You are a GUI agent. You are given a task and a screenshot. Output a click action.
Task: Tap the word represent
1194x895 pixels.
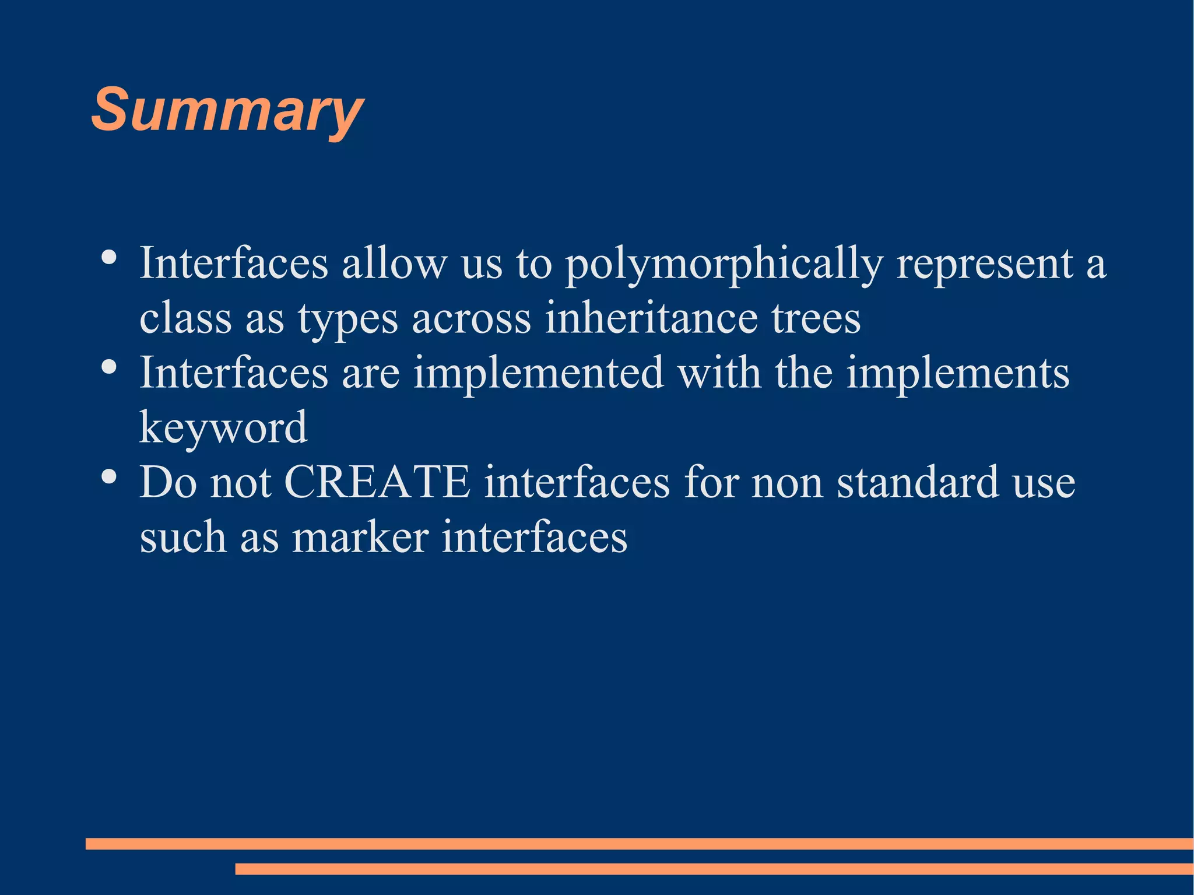(985, 264)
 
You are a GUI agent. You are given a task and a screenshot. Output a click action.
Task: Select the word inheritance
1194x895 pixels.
(651, 318)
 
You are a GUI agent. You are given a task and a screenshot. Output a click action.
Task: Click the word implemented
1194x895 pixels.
(538, 373)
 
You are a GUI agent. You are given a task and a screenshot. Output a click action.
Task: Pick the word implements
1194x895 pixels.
(957, 373)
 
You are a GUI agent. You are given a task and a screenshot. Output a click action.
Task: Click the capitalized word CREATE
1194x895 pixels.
(377, 482)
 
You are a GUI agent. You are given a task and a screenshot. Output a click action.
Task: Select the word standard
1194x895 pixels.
(918, 482)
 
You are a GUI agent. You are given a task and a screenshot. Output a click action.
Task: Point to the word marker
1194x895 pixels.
(360, 537)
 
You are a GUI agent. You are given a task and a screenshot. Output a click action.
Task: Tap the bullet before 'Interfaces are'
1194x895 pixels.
(108, 367)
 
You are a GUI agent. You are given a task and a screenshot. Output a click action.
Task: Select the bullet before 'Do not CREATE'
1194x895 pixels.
(108, 476)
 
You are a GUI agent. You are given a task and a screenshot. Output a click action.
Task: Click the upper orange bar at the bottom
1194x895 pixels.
(639, 844)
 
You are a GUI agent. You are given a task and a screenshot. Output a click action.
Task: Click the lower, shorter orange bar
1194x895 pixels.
(714, 869)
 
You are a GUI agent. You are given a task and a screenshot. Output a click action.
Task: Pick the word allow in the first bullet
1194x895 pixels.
(394, 264)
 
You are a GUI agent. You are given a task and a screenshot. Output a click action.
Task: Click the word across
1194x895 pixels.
(471, 319)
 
